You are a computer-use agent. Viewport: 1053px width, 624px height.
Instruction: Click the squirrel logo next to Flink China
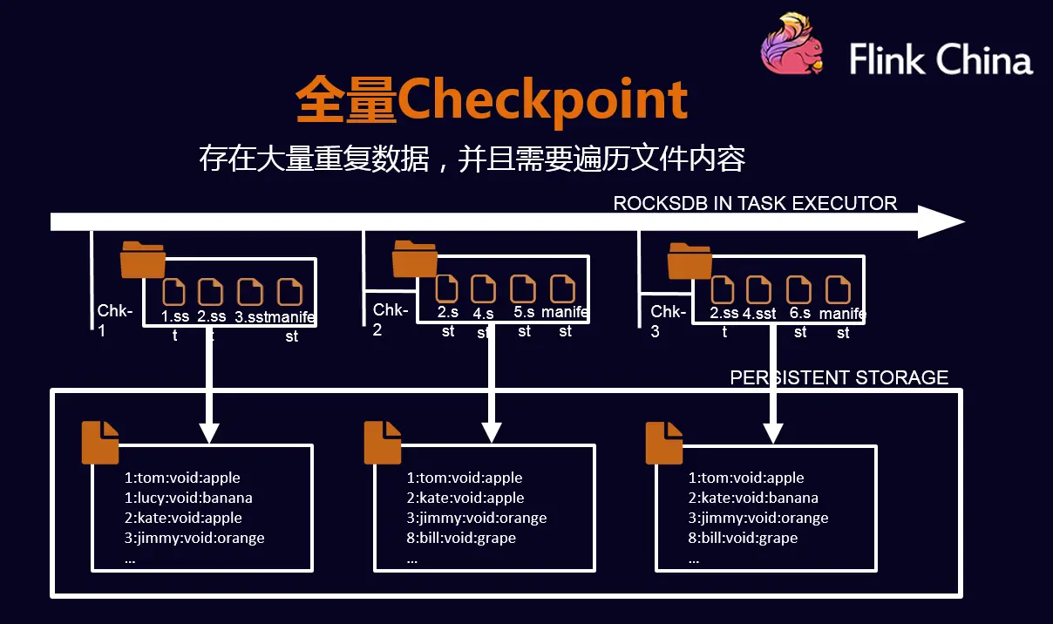792,44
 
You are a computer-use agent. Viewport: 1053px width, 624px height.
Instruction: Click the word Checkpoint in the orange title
543,99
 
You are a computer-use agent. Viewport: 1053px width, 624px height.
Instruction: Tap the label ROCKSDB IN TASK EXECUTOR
755,203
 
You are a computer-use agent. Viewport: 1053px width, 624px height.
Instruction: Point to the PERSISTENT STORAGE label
839,377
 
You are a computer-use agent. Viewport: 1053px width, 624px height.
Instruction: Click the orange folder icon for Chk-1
143,260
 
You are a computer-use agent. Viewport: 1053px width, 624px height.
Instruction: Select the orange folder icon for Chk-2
415,259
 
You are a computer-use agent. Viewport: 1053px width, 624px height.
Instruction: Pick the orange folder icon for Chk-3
690,261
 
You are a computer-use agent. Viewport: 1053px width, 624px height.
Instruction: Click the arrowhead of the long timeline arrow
941,221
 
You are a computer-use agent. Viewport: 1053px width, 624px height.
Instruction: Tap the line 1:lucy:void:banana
188,498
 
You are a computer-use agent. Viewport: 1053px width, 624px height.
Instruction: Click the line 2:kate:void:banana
753,498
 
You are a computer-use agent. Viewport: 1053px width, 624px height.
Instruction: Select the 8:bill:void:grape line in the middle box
461,538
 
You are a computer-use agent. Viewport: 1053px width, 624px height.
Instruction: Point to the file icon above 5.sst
523,288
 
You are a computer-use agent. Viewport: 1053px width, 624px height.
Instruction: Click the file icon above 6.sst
798,290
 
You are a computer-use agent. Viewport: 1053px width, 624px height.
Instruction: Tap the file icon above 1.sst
174,292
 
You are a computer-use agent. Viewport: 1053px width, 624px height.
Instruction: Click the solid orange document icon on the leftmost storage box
100,443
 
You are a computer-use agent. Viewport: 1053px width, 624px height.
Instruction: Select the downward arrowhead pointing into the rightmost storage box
773,433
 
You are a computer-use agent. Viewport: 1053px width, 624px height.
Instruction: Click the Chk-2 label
391,320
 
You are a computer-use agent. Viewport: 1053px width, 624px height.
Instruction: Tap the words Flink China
941,59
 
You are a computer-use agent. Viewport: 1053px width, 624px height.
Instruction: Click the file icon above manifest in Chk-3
839,290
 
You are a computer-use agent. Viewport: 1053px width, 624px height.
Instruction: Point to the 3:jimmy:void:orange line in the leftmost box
194,538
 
